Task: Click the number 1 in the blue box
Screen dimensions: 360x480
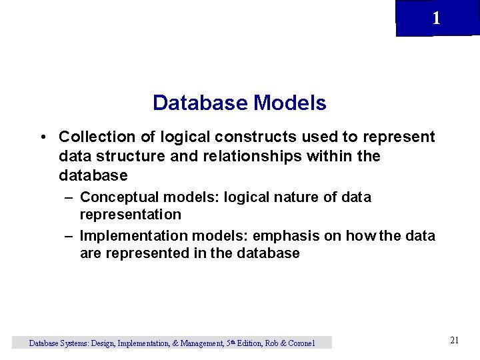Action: pyautogui.click(x=436, y=18)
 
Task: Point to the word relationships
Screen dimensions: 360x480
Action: pyautogui.click(x=264, y=156)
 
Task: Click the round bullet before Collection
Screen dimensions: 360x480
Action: pyautogui.click(x=43, y=137)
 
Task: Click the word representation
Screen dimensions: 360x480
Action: pyautogui.click(x=130, y=215)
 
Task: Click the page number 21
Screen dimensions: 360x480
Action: pyautogui.click(x=455, y=341)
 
